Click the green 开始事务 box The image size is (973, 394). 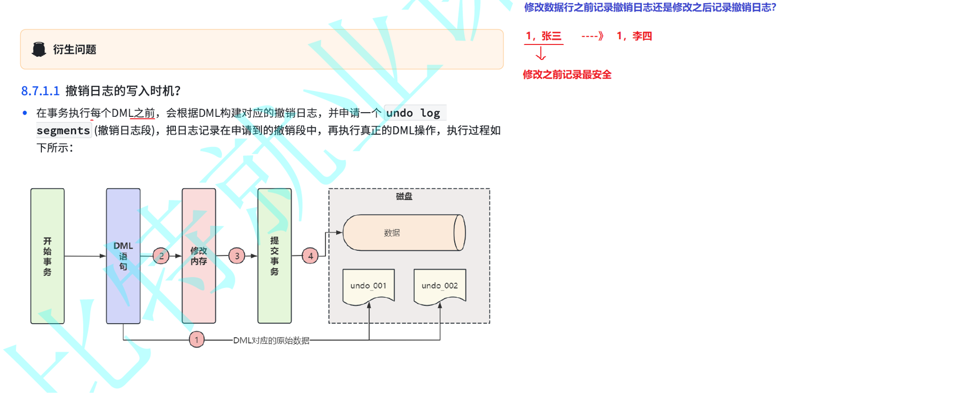(48, 256)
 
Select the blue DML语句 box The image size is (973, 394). (123, 256)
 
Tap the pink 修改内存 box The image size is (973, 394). (199, 256)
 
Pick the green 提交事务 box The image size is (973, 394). (274, 256)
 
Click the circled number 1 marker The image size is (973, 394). (197, 340)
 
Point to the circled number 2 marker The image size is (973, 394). (161, 255)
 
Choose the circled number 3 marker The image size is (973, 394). (237, 255)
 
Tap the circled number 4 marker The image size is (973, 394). (310, 255)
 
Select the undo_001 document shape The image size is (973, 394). (368, 286)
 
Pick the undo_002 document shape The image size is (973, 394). (440, 286)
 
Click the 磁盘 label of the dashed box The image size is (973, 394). (404, 196)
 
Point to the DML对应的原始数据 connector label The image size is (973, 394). (271, 340)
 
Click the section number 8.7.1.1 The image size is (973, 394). (40, 91)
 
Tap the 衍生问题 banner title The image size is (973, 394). (74, 50)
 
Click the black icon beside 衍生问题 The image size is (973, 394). (39, 50)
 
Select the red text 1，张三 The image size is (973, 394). (543, 36)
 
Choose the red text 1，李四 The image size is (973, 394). (634, 36)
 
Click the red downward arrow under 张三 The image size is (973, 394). (541, 54)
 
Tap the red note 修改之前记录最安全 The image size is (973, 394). (567, 74)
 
